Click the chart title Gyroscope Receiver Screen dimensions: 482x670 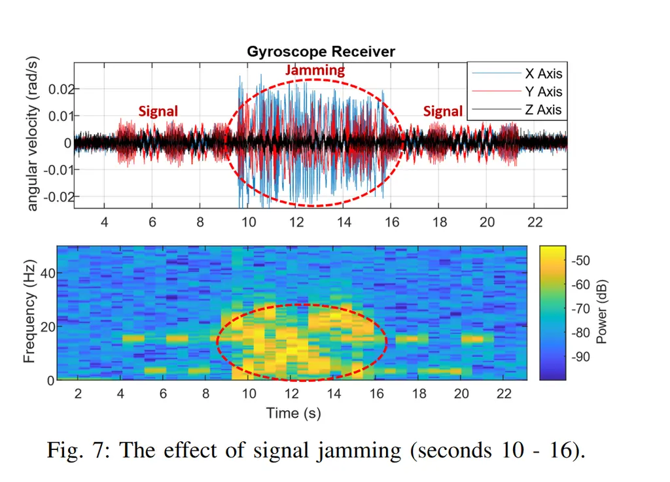click(x=321, y=52)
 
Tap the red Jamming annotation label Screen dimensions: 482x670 click(x=315, y=70)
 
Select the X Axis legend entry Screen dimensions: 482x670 click(x=543, y=74)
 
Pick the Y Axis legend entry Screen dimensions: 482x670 click(x=543, y=92)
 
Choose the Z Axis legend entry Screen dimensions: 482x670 click(x=543, y=110)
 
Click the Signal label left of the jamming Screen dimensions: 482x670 click(x=158, y=111)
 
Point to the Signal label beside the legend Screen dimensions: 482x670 click(x=443, y=111)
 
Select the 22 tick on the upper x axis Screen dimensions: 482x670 click(x=535, y=222)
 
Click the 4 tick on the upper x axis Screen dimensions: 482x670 click(x=105, y=222)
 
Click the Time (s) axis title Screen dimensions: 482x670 click(x=292, y=413)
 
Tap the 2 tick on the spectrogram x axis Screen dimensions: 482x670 click(x=78, y=394)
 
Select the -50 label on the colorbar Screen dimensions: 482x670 click(x=581, y=260)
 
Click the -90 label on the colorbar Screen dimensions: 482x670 click(x=581, y=356)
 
